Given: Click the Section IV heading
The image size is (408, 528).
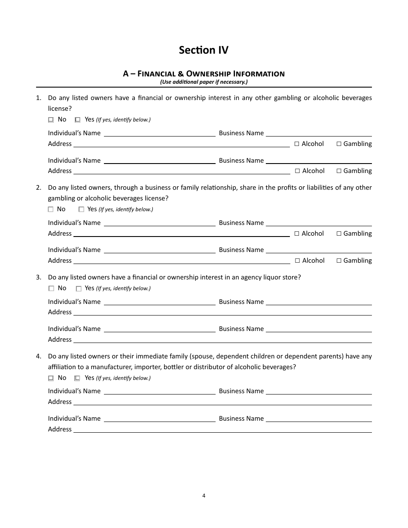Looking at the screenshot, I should pos(204,50).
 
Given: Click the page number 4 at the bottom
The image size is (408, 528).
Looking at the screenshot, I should pos(204,495).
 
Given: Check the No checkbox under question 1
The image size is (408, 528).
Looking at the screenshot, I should pos(51,120).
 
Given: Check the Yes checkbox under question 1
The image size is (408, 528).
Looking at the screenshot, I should pos(78,120).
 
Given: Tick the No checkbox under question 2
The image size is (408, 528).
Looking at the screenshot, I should pos(51,209).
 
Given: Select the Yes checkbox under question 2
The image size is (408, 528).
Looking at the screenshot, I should pos(81,209).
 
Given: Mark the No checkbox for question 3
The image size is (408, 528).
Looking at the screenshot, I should pos(51,288).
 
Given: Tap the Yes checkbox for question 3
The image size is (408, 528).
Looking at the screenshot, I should pos(79,288).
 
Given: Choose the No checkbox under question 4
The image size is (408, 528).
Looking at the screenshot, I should pos(51,378).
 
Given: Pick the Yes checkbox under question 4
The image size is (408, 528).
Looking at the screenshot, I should pos(77,378).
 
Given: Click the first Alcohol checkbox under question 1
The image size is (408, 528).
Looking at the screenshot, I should pos(297,144).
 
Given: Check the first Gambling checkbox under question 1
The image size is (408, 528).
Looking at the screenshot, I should pos(339,144).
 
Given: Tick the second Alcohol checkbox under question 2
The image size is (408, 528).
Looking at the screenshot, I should pos(297,261).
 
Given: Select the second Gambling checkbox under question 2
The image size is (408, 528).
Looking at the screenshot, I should pos(339,261).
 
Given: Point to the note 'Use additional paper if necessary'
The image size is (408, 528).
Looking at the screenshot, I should pos(204,82).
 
